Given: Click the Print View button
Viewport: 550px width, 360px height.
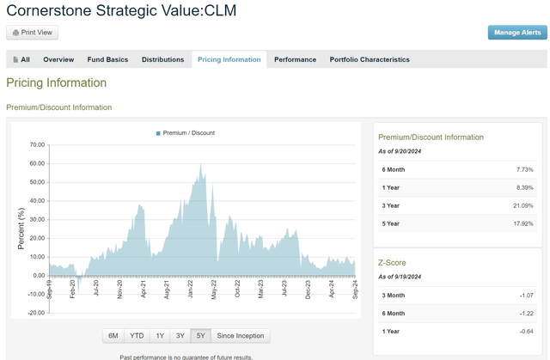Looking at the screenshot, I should [x=33, y=33].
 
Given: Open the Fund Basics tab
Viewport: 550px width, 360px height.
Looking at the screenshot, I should [x=107, y=60].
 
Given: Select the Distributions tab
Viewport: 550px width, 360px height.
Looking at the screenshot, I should [x=162, y=60].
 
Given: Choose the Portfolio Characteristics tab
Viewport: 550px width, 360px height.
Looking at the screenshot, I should [x=370, y=60].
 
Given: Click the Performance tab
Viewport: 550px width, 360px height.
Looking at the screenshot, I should [x=295, y=60].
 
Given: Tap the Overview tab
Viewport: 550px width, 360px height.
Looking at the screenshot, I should [x=58, y=60].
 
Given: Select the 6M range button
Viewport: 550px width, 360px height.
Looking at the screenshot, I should [x=113, y=336].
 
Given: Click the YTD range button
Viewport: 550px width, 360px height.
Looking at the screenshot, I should [x=137, y=336].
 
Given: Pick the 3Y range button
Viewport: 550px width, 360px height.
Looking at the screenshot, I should [x=180, y=336].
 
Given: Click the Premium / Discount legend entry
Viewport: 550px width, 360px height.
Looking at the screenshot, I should [x=186, y=133].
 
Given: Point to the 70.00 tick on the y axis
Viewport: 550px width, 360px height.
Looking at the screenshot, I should [x=36, y=145].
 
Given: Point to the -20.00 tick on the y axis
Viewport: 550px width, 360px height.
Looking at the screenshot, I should [x=35, y=313].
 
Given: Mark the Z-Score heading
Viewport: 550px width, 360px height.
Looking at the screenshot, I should [x=393, y=263].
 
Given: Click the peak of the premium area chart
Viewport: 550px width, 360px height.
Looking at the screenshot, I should [x=200, y=163].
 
